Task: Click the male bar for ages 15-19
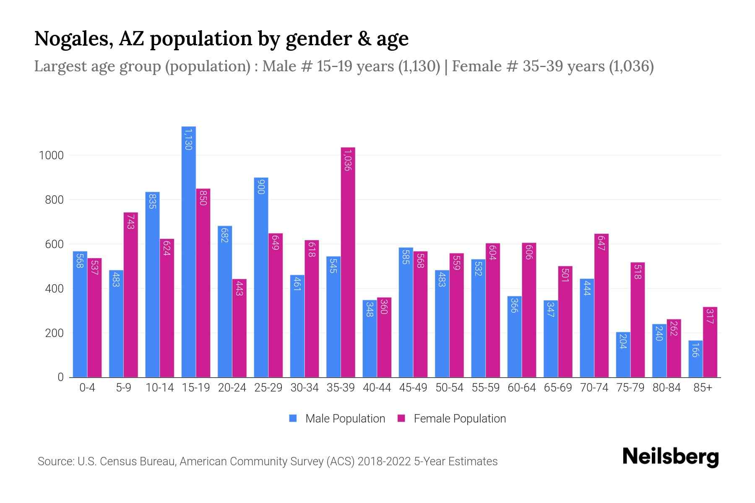click(x=189, y=251)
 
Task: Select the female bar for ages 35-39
click(x=348, y=262)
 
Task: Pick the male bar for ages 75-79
click(x=623, y=355)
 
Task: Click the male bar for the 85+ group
click(x=695, y=359)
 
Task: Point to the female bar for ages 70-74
click(x=601, y=306)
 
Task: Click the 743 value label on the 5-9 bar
click(x=130, y=222)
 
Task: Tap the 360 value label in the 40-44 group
click(x=384, y=307)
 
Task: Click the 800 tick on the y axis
click(x=54, y=200)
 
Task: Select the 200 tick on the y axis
click(x=54, y=333)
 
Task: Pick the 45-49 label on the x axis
click(x=413, y=388)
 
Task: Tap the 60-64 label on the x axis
click(x=521, y=388)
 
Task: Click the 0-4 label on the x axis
click(x=87, y=388)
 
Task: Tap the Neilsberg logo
click(x=670, y=457)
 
